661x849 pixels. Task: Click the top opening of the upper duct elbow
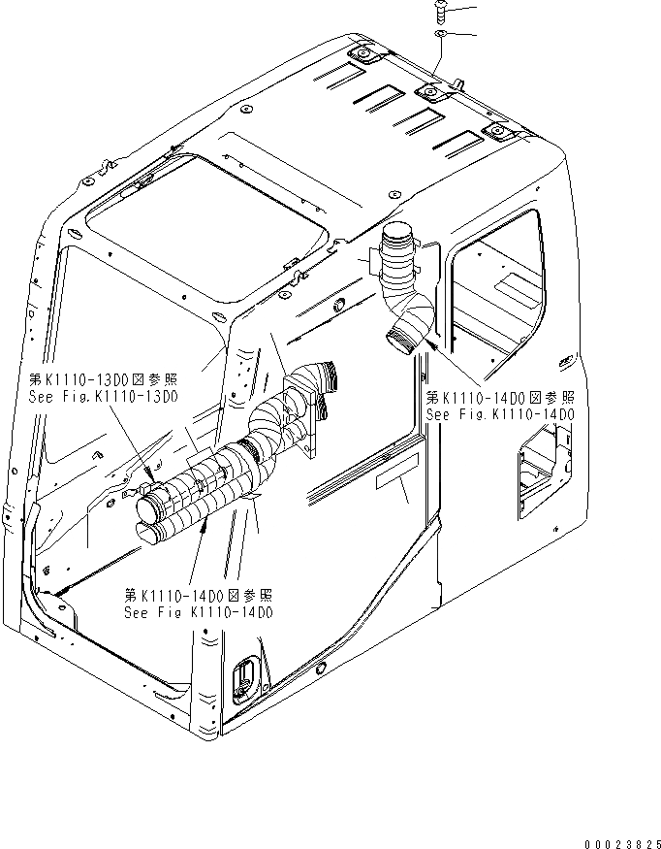[398, 233]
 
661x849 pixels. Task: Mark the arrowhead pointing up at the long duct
[205, 525]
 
